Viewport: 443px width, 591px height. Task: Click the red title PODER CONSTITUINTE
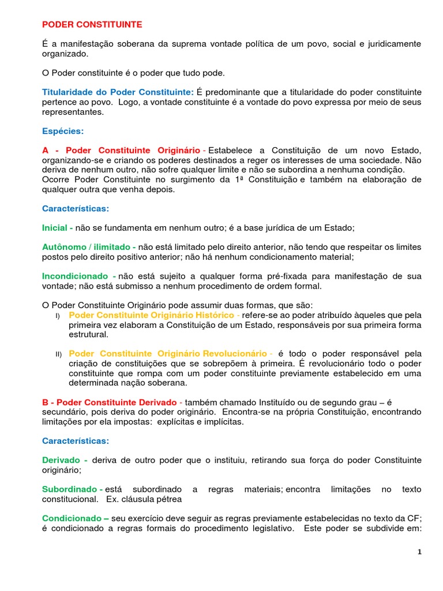[x=92, y=25]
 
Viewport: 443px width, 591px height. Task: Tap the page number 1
[x=420, y=552]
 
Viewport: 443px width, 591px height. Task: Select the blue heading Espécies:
[x=63, y=131]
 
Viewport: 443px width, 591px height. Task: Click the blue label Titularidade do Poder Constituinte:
[x=118, y=92]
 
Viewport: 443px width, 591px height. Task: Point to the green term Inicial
[x=54, y=228]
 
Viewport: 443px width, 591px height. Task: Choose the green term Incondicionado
[x=76, y=276]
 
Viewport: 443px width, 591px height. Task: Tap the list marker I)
[x=58, y=316]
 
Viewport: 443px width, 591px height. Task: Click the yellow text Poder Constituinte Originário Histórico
[x=151, y=315]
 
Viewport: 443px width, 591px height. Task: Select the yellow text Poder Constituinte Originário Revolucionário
[x=167, y=353]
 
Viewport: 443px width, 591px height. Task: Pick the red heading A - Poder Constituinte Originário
[x=121, y=150]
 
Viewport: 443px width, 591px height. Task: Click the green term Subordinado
[x=69, y=489]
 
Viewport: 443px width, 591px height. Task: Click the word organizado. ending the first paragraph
[x=66, y=54]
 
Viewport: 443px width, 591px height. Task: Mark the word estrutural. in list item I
[x=88, y=334]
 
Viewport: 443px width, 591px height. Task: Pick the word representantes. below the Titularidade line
[x=73, y=112]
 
